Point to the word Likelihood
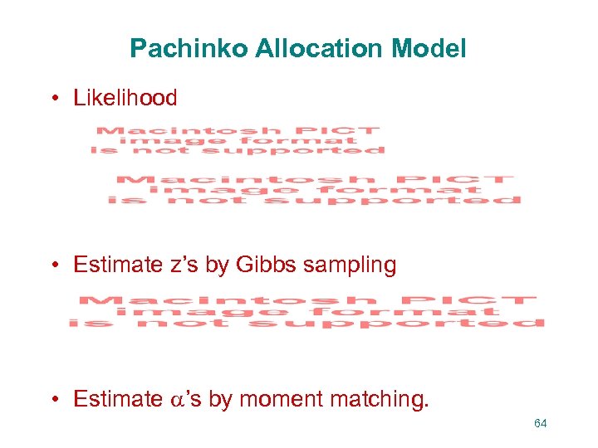coord(125,98)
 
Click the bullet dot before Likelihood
coord(53,99)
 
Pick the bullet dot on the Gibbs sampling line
coord(53,265)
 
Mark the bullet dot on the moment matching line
coord(53,400)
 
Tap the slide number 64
coord(541,424)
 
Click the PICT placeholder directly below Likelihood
coord(238,140)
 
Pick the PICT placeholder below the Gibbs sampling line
coord(307,311)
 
